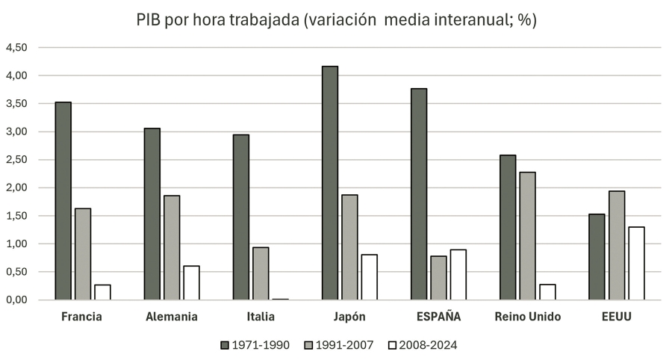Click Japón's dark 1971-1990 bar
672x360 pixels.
(330, 183)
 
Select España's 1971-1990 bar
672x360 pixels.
(419, 194)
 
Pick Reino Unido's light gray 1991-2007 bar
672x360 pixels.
(527, 236)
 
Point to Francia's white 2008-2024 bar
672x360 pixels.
(102, 292)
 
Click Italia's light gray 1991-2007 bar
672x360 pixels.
(261, 273)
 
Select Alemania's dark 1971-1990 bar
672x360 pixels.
(152, 214)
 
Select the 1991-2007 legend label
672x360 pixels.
(339, 344)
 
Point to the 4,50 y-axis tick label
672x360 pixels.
(16, 48)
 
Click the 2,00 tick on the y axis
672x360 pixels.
(16, 187)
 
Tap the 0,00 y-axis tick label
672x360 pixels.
(16, 300)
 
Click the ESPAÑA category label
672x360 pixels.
(438, 317)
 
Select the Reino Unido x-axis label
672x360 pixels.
(527, 317)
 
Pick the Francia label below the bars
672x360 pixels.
(82, 317)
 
